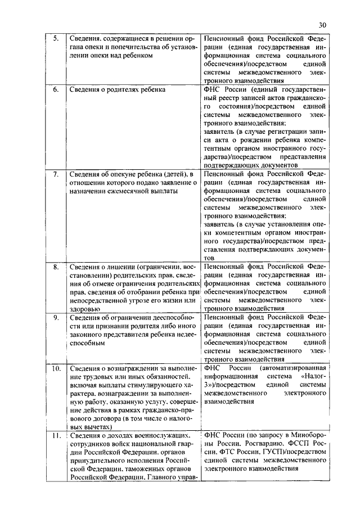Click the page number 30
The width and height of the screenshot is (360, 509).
322,25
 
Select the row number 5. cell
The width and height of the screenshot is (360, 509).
55,39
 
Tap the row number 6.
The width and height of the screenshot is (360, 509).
55,90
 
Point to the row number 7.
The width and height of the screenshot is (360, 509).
55,174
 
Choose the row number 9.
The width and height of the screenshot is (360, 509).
55,317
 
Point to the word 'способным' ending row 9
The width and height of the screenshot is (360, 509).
87,343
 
